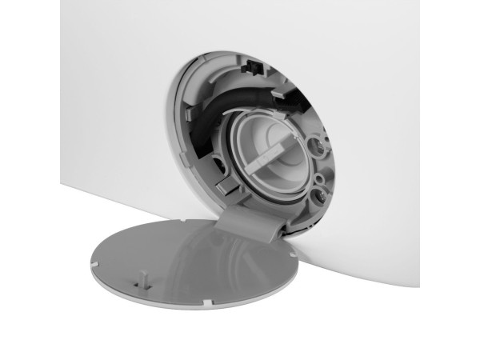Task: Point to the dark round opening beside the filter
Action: click(218, 165)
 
